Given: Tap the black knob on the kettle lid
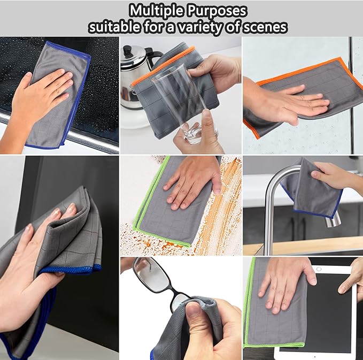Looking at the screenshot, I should point(129,50).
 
